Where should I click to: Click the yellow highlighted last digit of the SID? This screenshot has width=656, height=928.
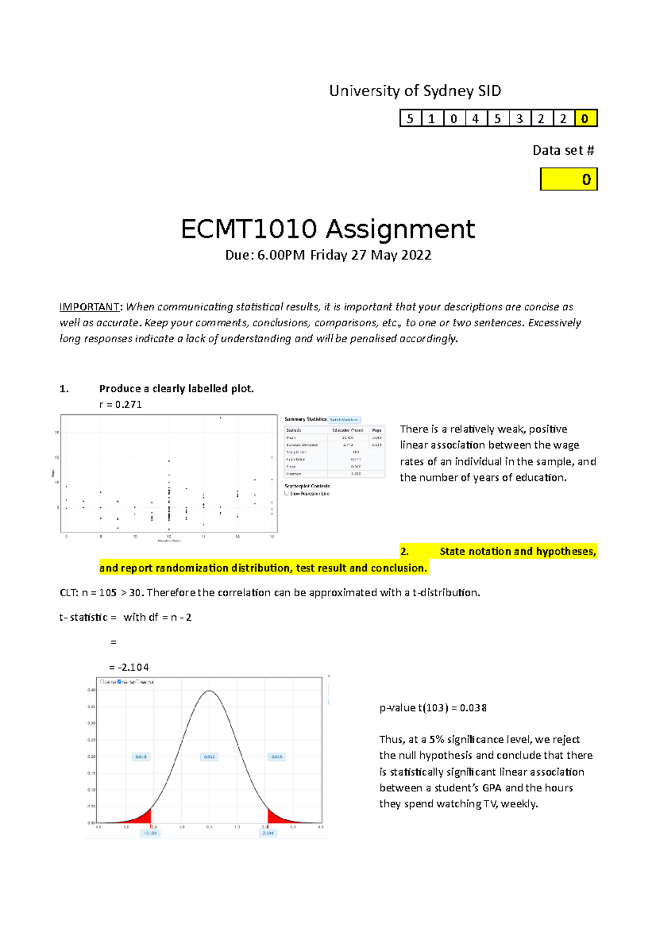(x=585, y=119)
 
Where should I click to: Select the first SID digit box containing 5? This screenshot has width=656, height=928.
(x=410, y=119)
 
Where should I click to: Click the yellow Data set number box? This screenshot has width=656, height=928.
(x=569, y=179)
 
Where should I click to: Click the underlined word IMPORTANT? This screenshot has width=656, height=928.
(x=89, y=307)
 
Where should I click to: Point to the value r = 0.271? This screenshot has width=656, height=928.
(x=120, y=404)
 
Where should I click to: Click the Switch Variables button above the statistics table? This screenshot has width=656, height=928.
(x=344, y=420)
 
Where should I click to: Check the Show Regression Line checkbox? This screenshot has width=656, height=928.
(x=287, y=494)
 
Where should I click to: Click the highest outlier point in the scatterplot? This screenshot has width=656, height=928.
(x=220, y=418)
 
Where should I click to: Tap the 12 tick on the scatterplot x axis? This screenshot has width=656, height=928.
(x=169, y=537)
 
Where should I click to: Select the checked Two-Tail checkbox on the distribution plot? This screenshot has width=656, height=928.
(x=120, y=682)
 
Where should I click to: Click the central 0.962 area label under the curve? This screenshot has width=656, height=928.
(x=209, y=757)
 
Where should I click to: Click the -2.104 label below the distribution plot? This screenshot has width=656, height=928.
(x=150, y=833)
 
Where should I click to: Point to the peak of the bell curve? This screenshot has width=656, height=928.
(x=209, y=691)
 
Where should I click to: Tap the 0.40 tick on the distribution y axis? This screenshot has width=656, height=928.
(x=91, y=690)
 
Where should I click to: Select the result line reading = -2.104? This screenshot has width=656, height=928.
(x=129, y=667)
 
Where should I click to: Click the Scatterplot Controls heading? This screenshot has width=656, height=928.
(x=307, y=486)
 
